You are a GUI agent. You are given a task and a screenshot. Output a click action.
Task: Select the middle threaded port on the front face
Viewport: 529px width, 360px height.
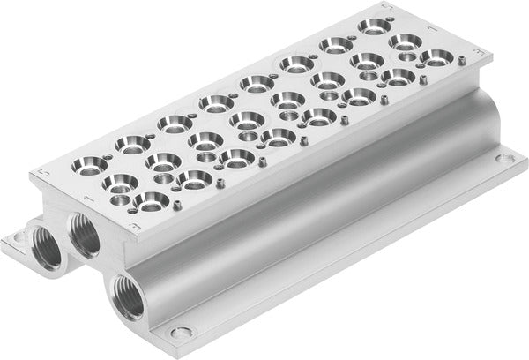(84, 232)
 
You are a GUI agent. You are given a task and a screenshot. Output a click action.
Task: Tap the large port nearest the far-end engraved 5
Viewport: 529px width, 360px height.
(376, 24)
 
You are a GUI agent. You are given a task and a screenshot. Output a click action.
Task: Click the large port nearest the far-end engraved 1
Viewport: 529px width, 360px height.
(406, 41)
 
